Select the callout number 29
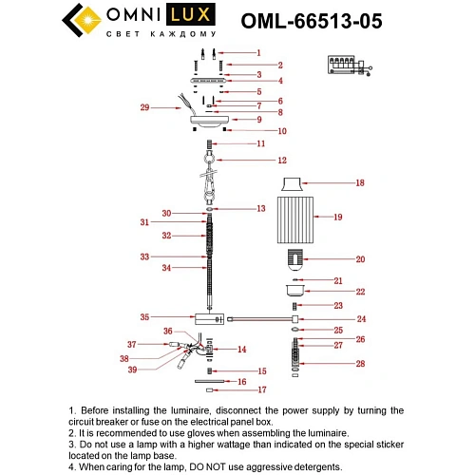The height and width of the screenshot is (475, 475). pos(144,107)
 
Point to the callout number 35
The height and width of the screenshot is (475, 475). pos(144,317)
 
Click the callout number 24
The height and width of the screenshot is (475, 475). pos(361,318)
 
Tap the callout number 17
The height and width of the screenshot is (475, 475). pos(263,389)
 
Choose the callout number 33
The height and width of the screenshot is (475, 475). pos(144,256)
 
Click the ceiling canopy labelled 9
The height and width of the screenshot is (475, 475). pos(209,121)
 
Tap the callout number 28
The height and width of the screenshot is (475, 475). pos(361,364)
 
